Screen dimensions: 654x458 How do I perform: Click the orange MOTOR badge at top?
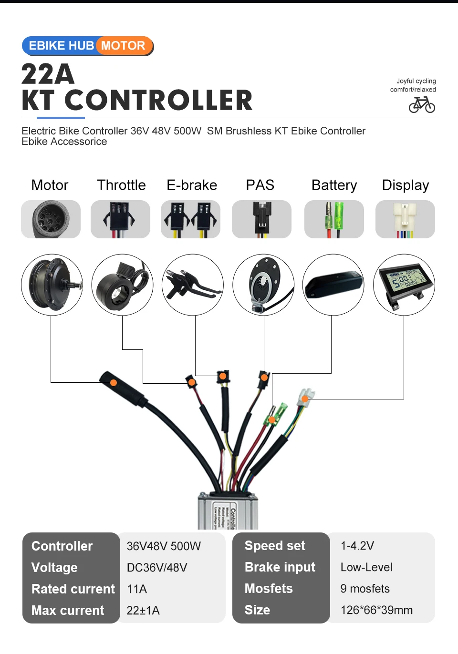tap(124, 46)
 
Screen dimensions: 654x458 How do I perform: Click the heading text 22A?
tap(48, 74)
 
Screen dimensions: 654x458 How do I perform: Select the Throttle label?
tap(121, 185)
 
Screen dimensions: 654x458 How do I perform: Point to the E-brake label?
tap(192, 185)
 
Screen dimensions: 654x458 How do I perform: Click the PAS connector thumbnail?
tap(261, 219)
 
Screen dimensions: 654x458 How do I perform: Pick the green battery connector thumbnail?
tap(334, 219)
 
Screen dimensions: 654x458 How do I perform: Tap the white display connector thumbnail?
tap(405, 219)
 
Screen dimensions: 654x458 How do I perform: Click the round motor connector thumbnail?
tap(51, 219)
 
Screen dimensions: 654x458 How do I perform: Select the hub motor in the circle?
tap(52, 285)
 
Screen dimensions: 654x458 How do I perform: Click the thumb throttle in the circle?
tap(122, 285)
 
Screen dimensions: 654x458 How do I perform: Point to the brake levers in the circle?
tap(192, 285)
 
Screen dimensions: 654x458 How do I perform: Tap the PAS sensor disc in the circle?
tap(263, 285)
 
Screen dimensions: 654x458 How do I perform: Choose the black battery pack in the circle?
tap(333, 285)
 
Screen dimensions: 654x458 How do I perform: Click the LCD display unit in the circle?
tap(404, 285)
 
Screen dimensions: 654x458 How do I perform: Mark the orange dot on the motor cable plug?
tap(114, 382)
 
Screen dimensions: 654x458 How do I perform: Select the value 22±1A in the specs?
tap(143, 610)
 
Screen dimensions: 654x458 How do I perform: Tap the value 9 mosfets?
tap(365, 589)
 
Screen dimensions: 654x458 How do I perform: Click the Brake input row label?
tap(280, 567)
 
